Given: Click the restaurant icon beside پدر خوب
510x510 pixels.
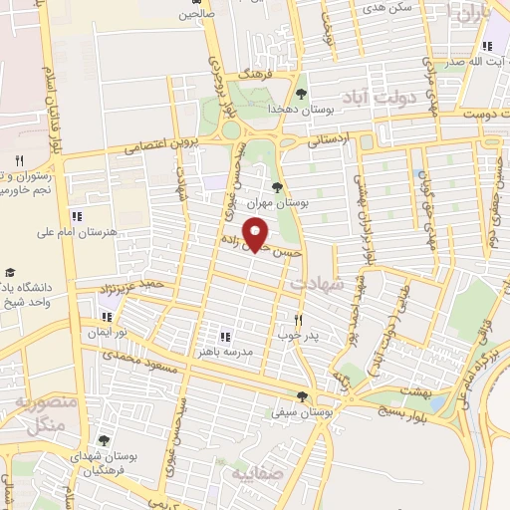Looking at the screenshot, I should [x=297, y=320].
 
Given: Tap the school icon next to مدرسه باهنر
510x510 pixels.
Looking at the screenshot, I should [x=224, y=337].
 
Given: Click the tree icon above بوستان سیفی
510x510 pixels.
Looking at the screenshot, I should [x=301, y=395].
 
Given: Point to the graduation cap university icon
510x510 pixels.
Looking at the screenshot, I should [x=11, y=272].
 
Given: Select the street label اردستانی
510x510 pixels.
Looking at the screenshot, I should [x=330, y=142].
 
